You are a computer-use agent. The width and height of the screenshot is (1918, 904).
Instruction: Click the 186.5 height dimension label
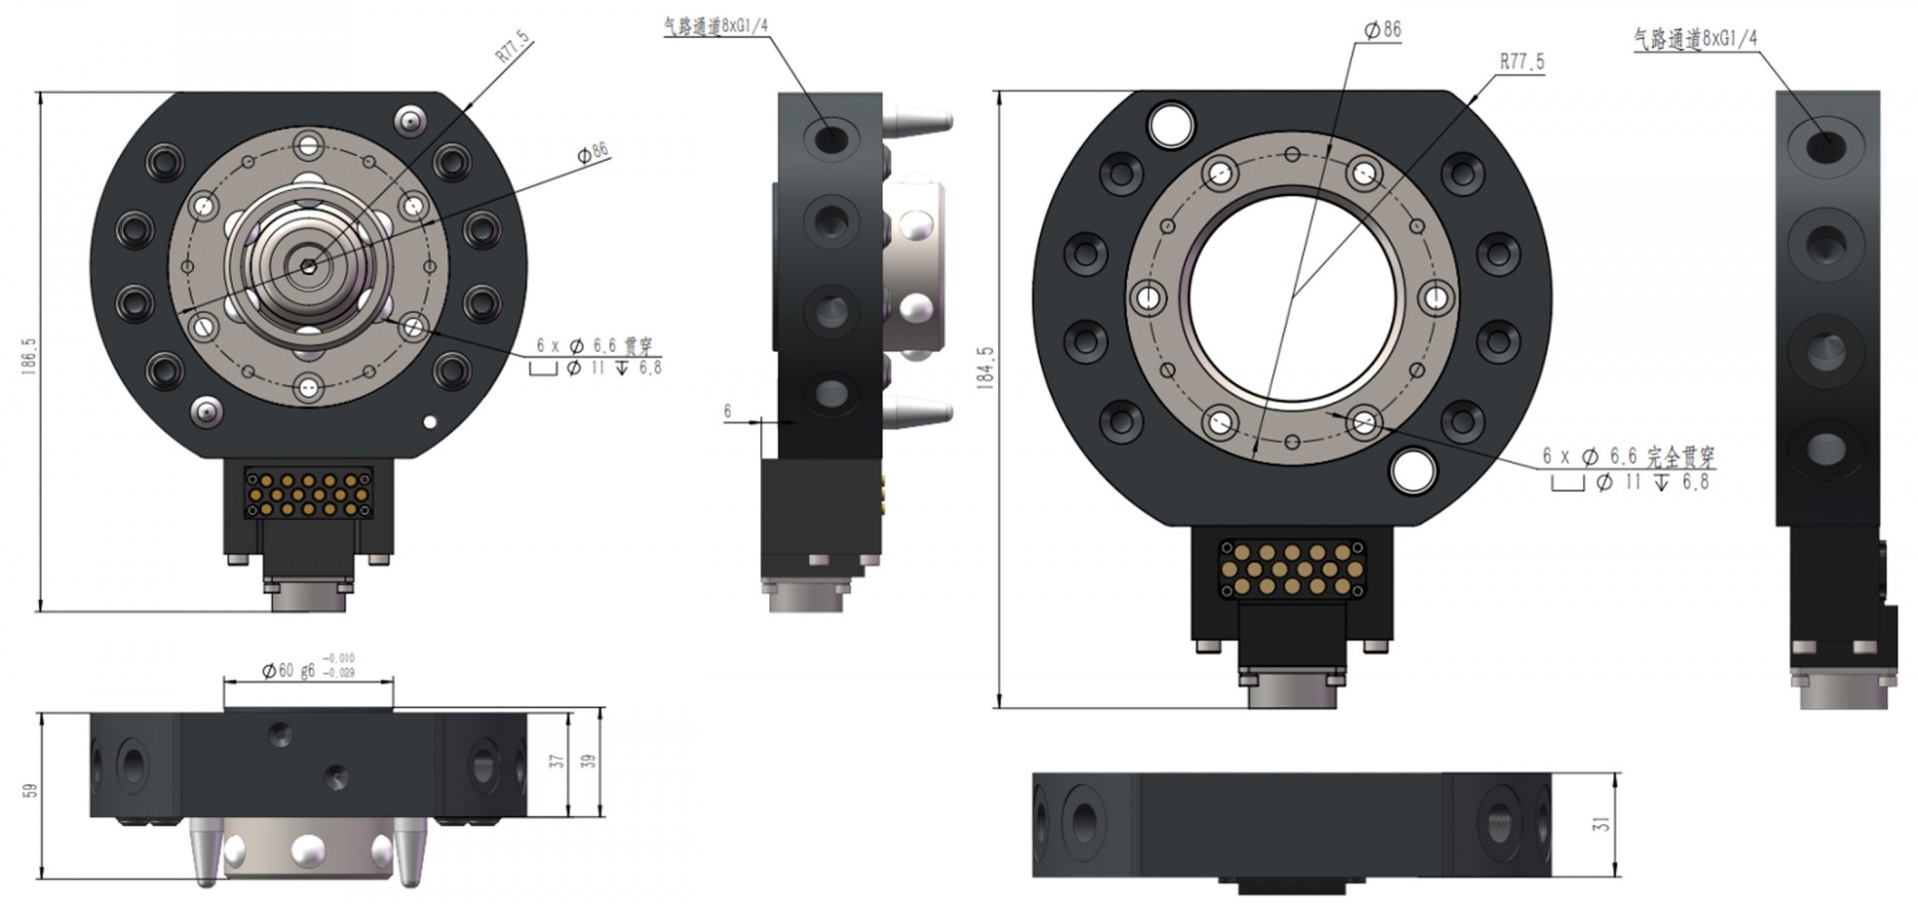click(x=29, y=356)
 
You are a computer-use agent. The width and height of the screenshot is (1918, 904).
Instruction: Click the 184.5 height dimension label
click(x=986, y=367)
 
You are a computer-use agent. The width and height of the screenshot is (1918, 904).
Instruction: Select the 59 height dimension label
click(x=30, y=790)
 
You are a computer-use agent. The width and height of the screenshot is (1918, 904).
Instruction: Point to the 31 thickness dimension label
click(x=1601, y=824)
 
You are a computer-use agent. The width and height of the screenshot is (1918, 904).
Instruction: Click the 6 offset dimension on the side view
click(x=727, y=411)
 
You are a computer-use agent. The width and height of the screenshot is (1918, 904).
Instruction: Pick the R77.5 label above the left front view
click(x=513, y=47)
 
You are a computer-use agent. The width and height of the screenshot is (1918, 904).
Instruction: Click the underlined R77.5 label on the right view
click(x=1521, y=62)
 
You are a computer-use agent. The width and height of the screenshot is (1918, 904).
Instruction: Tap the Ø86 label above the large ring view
click(x=1383, y=30)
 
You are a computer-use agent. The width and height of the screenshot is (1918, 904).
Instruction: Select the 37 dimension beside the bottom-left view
click(x=556, y=761)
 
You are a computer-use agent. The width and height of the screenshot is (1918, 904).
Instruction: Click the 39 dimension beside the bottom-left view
click(x=588, y=761)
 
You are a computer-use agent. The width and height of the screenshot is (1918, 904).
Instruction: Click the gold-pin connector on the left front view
click(x=309, y=493)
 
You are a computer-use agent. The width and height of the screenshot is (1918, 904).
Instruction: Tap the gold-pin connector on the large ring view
click(x=1292, y=569)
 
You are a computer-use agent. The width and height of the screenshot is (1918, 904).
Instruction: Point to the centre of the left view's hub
click(x=310, y=265)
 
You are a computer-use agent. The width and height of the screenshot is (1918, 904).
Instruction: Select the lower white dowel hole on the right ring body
click(x=1413, y=470)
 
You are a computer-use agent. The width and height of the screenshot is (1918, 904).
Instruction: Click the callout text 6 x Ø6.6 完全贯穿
click(x=1628, y=456)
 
